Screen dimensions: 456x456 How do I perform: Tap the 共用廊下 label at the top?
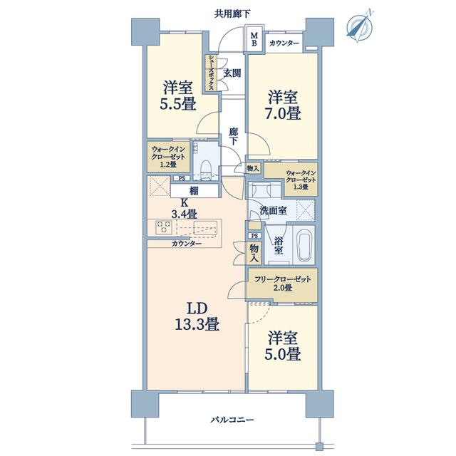[x=232, y=14]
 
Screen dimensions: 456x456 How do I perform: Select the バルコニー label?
[x=232, y=420]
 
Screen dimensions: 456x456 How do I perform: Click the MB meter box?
[x=254, y=39]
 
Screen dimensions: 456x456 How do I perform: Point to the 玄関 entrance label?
[x=232, y=73]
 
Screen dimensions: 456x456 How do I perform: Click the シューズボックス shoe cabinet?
[x=211, y=73]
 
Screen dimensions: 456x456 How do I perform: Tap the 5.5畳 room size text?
[x=178, y=103]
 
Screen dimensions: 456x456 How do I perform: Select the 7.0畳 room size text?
[x=283, y=113]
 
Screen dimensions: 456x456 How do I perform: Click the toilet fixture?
[x=206, y=170]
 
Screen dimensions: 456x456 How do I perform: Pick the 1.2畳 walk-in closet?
[x=168, y=157]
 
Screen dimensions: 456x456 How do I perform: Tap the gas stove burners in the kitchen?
[x=164, y=227]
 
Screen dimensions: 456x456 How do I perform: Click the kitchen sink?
[x=205, y=227]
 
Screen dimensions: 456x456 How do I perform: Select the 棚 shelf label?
[x=194, y=191]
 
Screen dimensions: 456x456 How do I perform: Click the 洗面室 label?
[x=273, y=211]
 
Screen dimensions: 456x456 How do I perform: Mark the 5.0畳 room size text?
[x=283, y=354]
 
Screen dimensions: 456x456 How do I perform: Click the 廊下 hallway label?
[x=233, y=136]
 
